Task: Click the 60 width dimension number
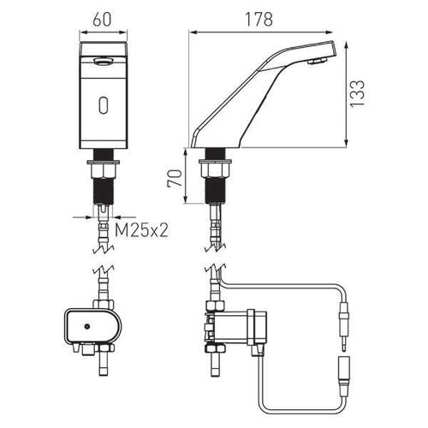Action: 102,20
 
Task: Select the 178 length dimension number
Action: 259,20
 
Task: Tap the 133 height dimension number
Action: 357,93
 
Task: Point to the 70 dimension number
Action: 175,178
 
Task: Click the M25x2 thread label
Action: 141,230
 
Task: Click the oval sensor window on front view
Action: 103,104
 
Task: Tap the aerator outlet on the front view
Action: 103,61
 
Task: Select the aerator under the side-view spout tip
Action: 318,61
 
